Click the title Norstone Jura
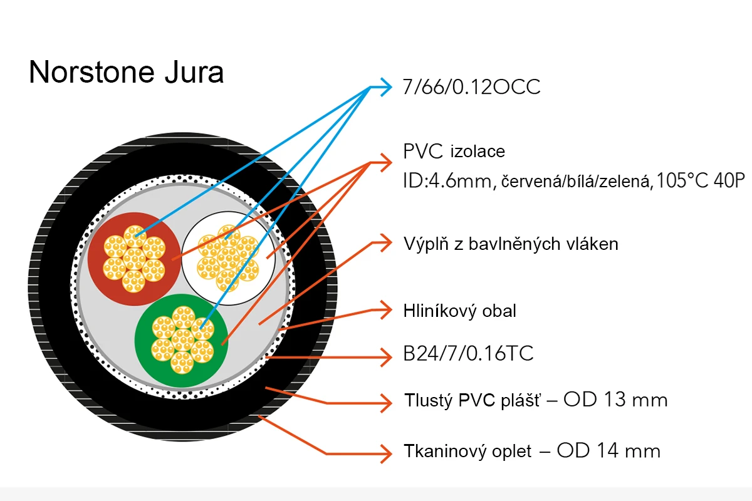[x=126, y=72]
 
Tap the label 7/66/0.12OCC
[x=471, y=87]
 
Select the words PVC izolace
[x=454, y=152]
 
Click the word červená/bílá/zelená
[x=575, y=182]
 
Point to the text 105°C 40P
[x=700, y=180]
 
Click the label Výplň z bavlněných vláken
[x=511, y=244]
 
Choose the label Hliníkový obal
[x=459, y=311]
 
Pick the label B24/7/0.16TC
[x=468, y=353]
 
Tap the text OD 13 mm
[x=615, y=400]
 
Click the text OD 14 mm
[x=608, y=450]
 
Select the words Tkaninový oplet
[x=467, y=452]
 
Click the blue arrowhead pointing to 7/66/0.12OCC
[x=386, y=87]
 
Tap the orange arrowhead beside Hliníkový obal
[x=386, y=310]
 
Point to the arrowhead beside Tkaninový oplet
[x=386, y=453]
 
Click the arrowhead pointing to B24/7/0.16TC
[x=386, y=357]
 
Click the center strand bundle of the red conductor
[x=134, y=259]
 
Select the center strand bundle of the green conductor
[x=182, y=340]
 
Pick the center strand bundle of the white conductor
[x=228, y=258]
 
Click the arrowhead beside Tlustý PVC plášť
[x=386, y=403]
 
